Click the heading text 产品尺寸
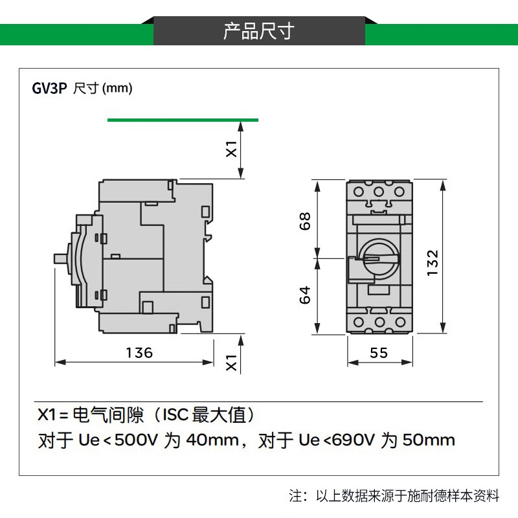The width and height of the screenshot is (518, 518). (259, 30)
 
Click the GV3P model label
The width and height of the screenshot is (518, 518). (49, 88)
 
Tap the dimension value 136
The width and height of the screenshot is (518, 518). (139, 353)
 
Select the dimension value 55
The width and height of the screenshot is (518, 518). (379, 353)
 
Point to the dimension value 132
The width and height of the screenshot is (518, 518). (433, 264)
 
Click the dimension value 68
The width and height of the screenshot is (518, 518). (306, 221)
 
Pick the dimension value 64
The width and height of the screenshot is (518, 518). (306, 295)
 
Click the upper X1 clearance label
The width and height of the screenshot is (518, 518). (231, 150)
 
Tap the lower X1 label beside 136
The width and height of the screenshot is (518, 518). (231, 363)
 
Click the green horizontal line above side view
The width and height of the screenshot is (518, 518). (183, 120)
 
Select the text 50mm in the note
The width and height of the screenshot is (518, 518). (429, 441)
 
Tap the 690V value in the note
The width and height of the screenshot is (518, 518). (354, 441)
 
